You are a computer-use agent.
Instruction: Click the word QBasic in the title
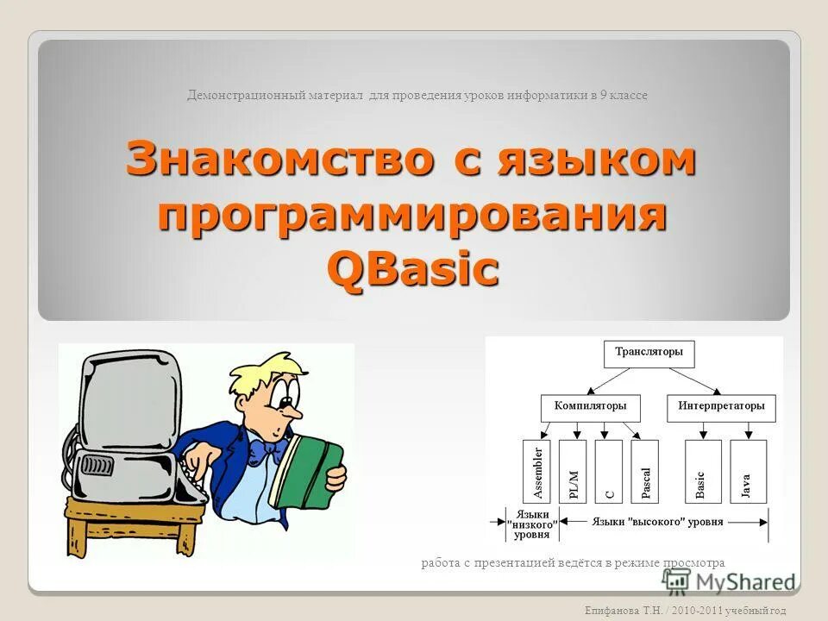413,268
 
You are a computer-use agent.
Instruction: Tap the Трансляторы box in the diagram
649,353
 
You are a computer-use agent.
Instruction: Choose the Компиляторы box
590,406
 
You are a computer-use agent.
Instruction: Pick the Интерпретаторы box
721,406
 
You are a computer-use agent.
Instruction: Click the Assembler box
536,472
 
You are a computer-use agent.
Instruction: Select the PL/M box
573,472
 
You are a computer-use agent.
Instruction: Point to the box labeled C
609,472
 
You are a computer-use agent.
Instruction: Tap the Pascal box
645,472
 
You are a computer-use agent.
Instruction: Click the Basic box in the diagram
699,472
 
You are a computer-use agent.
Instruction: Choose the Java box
746,472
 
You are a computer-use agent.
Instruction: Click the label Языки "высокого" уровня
658,522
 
